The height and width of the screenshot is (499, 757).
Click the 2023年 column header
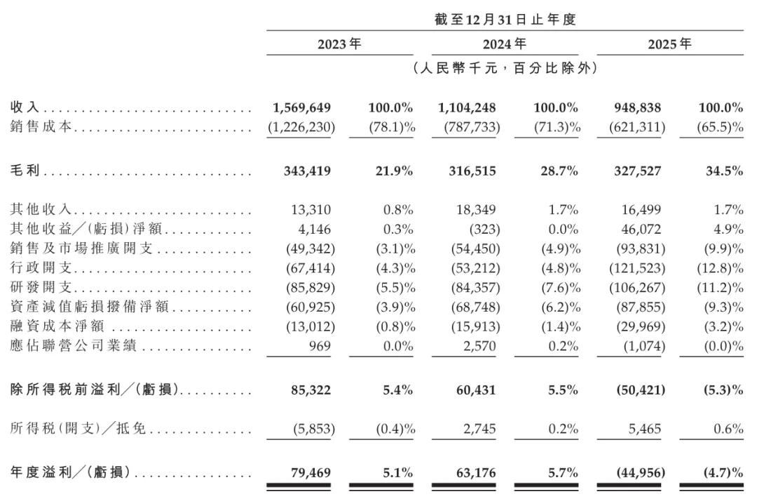339,44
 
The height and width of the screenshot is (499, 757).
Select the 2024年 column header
505,44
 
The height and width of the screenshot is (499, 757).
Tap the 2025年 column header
669,44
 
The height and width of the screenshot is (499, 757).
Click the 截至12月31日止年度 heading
505,20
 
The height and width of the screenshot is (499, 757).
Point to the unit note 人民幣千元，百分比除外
505,67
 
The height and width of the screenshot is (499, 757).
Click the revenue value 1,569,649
301,107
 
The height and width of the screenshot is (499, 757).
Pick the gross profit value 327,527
637,171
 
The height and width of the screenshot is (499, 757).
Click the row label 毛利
25,171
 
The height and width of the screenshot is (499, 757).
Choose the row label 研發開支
41,287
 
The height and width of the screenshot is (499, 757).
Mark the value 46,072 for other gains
641,229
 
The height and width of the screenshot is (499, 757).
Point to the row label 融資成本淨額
57,326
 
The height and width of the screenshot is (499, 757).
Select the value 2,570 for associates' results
479,346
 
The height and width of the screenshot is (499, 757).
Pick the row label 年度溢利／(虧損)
71,472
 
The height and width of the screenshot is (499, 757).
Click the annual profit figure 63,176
475,472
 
